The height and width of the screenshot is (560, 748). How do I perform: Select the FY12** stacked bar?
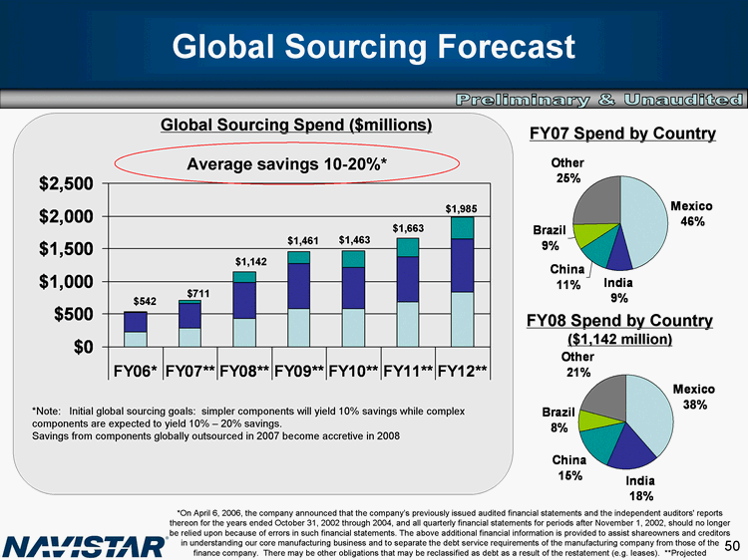pyautogui.click(x=462, y=284)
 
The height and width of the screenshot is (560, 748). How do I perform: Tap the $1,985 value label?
pyautogui.click(x=462, y=207)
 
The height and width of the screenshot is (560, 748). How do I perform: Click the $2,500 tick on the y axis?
pyautogui.click(x=67, y=184)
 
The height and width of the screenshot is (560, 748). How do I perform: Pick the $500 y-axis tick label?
pyautogui.click(x=74, y=314)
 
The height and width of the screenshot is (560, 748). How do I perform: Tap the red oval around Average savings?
pyautogui.click(x=287, y=162)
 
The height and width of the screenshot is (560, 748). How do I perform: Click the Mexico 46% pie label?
pyautogui.click(x=687, y=213)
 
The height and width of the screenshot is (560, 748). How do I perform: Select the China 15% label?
pyautogui.click(x=568, y=468)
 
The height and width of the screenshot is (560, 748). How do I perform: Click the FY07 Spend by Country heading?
pyautogui.click(x=622, y=134)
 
